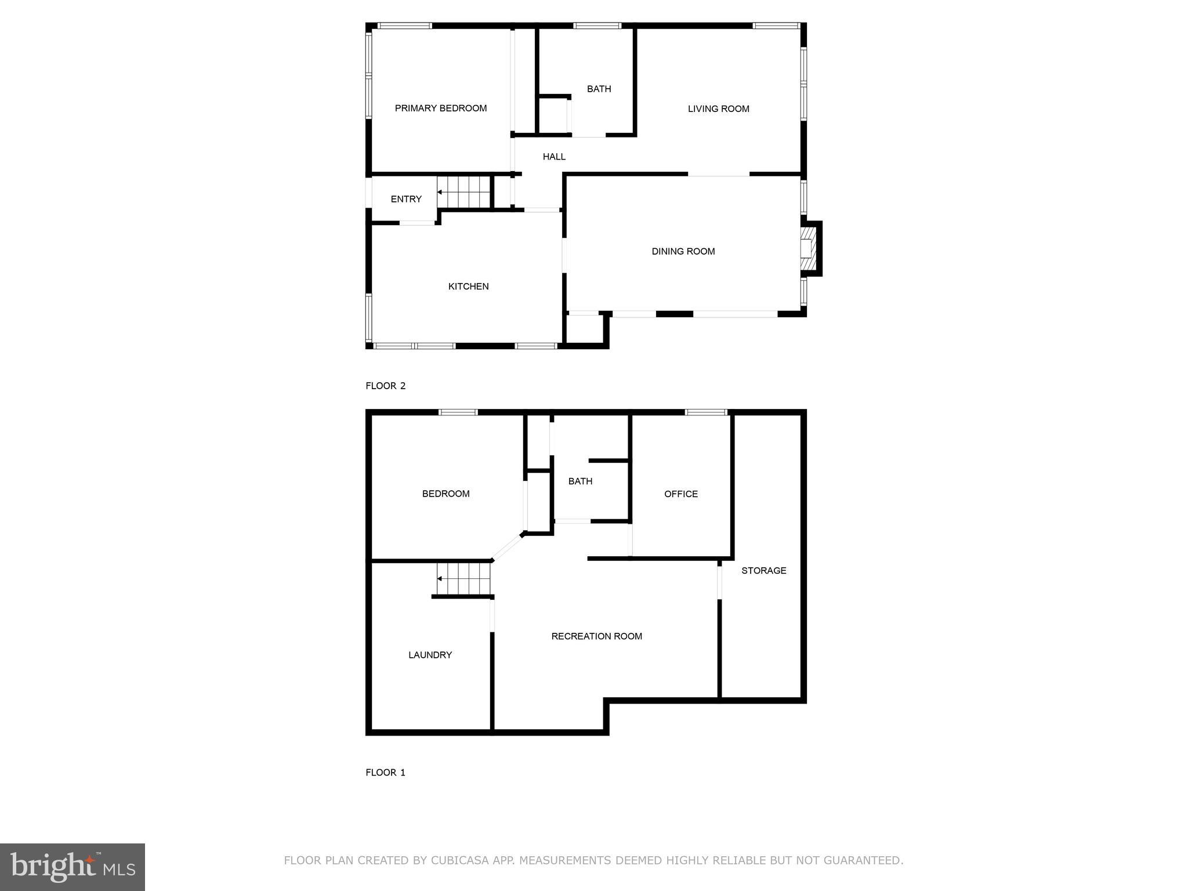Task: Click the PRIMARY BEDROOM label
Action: (440, 108)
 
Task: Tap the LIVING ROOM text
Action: (718, 109)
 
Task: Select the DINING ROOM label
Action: (683, 252)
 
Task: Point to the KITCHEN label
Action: (468, 287)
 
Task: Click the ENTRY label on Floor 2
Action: (406, 200)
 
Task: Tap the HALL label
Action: (554, 157)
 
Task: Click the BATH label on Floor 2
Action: (599, 89)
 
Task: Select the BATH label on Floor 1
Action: (580, 481)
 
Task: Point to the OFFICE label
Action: (680, 494)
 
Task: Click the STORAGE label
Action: (763, 571)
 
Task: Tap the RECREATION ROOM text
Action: (596, 636)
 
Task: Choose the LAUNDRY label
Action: (430, 655)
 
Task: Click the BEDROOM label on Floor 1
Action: (445, 494)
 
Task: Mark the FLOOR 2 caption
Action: (385, 386)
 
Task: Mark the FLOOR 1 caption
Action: (385, 773)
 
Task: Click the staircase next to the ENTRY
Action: (464, 192)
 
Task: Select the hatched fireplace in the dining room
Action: (808, 248)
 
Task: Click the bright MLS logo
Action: (73, 867)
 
